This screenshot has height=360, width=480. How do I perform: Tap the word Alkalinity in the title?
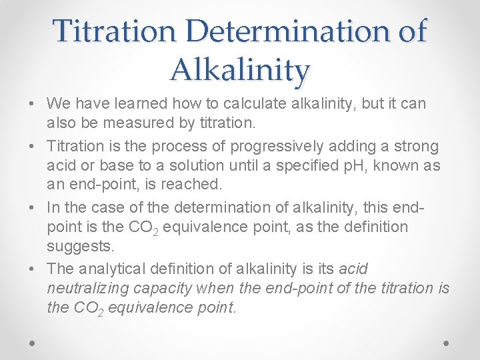coord(240,69)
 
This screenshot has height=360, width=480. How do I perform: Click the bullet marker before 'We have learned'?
coord(32,105)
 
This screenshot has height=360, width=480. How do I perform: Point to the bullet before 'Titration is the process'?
coord(32,146)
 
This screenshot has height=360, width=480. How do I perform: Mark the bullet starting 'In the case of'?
coord(32,207)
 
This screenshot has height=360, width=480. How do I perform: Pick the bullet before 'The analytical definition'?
coord(32,269)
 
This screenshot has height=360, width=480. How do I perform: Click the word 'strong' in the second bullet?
coord(417,145)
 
